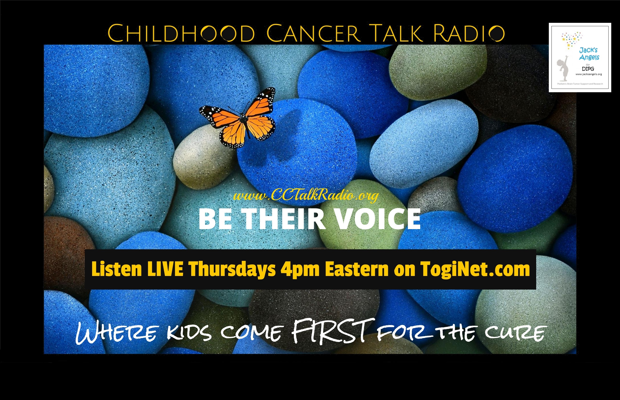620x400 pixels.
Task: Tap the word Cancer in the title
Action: [x=313, y=33]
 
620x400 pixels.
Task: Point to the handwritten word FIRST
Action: [x=334, y=331]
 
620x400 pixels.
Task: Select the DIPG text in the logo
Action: [x=588, y=69]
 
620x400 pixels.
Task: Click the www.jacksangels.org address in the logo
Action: [x=589, y=74]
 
